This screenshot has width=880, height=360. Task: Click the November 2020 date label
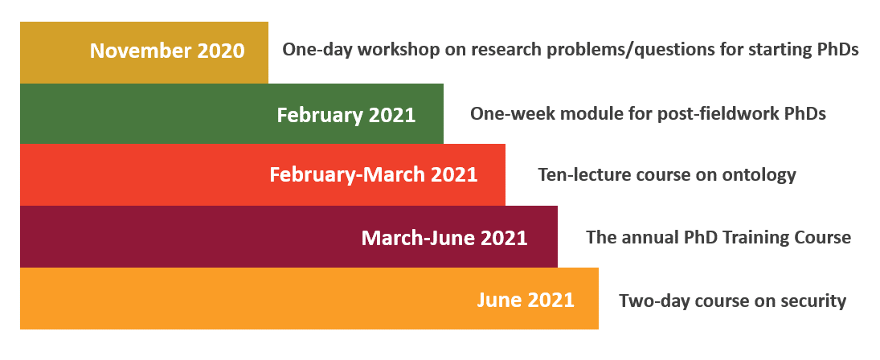click(x=167, y=51)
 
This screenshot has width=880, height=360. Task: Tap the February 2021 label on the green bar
click(x=346, y=115)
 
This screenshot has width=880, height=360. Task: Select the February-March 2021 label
click(x=373, y=174)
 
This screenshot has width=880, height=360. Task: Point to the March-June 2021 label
click(x=444, y=238)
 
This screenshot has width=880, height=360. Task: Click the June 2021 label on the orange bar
click(x=526, y=300)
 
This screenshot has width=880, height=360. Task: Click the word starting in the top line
click(x=772, y=51)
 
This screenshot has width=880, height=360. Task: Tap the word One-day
click(x=317, y=51)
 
